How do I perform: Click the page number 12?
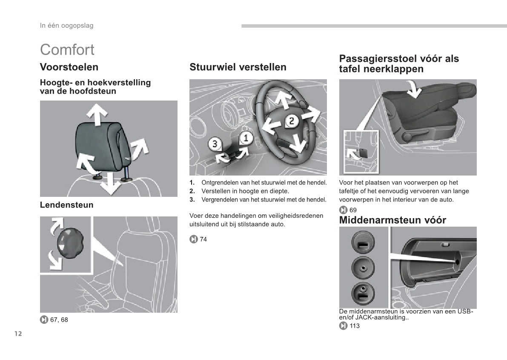[18, 334]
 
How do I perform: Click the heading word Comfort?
[67, 50]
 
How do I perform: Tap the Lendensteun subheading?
[66, 205]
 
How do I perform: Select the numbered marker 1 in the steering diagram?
[246, 138]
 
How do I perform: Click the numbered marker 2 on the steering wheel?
[291, 121]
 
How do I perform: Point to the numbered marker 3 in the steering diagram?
[215, 144]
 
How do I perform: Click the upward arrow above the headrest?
[97, 114]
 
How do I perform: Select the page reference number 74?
[203, 239]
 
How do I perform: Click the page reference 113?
[354, 326]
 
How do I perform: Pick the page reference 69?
[353, 210]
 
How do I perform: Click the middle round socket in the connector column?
[363, 268]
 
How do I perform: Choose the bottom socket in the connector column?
[363, 294]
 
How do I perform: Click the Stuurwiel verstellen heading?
[238, 67]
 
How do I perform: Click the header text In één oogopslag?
[66, 26]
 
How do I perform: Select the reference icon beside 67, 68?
[44, 320]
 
